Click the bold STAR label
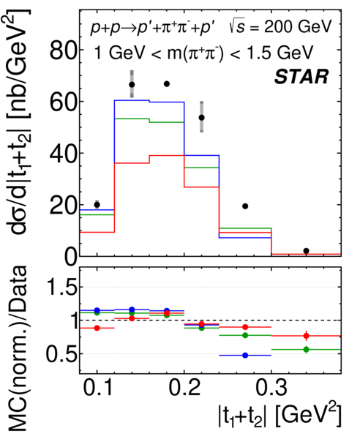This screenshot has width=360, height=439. (301, 77)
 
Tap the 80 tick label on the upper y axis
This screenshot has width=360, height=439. (63, 50)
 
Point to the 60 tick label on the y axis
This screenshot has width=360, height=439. (63, 102)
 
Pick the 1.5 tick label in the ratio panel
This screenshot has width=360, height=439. (62, 287)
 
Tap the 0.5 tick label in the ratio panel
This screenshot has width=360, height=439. (61, 354)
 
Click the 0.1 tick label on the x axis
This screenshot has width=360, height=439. (98, 389)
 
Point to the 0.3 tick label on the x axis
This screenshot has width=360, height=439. (271, 389)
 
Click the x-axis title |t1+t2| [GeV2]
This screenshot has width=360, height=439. (280, 416)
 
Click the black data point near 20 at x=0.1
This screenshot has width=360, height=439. (97, 205)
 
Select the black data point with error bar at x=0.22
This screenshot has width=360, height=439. (201, 118)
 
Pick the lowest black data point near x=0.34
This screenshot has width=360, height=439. (307, 251)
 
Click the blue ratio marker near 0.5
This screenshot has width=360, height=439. (246, 356)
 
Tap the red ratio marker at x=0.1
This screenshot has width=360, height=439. (97, 328)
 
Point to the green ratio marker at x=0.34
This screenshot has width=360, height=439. (307, 350)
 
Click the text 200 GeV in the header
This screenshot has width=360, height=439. (298, 27)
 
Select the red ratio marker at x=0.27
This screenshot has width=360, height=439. (246, 327)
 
